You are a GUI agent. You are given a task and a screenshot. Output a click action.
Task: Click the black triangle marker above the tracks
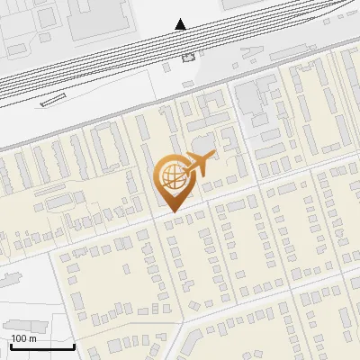[182, 24]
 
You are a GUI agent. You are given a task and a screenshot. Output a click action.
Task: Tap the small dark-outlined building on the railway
[188, 58]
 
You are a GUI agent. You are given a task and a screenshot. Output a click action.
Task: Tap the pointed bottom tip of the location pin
[171, 211]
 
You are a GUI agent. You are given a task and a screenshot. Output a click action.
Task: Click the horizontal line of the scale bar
[42, 346]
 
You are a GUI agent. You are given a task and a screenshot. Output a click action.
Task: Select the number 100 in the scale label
[20, 338]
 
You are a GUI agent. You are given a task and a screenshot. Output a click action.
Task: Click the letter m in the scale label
[32, 338]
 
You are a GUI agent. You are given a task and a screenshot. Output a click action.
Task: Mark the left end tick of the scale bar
[10, 344]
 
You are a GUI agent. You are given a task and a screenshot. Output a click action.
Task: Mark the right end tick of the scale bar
[75, 344]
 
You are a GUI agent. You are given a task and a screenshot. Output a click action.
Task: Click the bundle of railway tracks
[108, 63]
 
